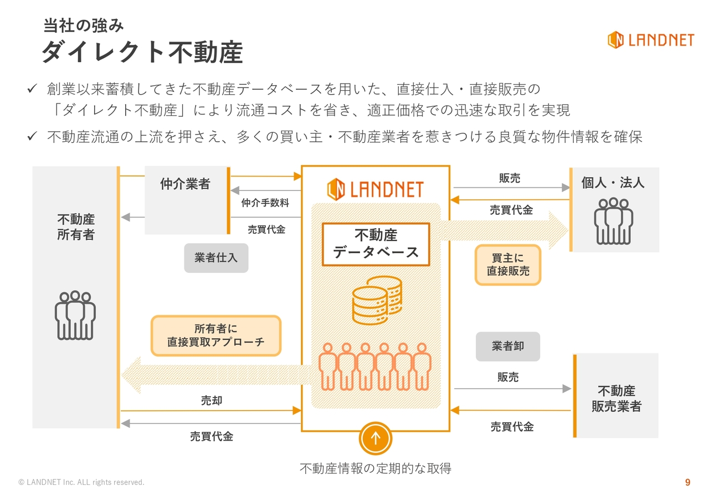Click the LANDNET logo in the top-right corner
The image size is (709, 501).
(x=650, y=40)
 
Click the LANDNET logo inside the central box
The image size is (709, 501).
(x=375, y=189)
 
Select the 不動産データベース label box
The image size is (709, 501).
(x=376, y=244)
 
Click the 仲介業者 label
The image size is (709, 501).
(x=186, y=184)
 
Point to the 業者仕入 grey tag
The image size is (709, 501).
(x=216, y=258)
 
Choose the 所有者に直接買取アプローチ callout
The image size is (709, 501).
(x=216, y=335)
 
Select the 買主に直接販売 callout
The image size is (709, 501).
(x=508, y=265)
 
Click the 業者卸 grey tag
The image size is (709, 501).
(x=507, y=347)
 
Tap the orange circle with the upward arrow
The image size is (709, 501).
(x=376, y=438)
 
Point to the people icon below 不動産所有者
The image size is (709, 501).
(x=75, y=315)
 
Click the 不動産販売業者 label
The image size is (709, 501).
(x=616, y=399)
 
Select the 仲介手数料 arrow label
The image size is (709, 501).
(x=265, y=203)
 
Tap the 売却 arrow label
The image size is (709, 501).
(x=212, y=400)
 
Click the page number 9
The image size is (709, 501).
(x=688, y=482)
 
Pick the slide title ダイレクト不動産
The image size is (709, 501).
(x=142, y=53)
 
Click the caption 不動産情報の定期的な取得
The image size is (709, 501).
(x=376, y=469)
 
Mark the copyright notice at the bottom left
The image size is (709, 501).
(x=81, y=482)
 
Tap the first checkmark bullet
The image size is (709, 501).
(x=32, y=89)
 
